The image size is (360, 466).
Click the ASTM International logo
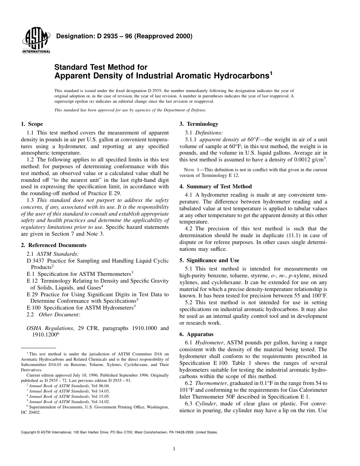[x=36, y=41]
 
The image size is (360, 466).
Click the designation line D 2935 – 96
[x=124, y=37]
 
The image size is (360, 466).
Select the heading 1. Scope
[x=32, y=124]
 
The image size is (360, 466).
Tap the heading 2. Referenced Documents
[x=50, y=246]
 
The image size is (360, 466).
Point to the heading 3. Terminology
[x=199, y=124]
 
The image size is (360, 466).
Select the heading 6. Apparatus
[x=196, y=334]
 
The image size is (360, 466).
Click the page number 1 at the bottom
[x=174, y=449]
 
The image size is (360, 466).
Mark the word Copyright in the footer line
[x=30, y=432]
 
